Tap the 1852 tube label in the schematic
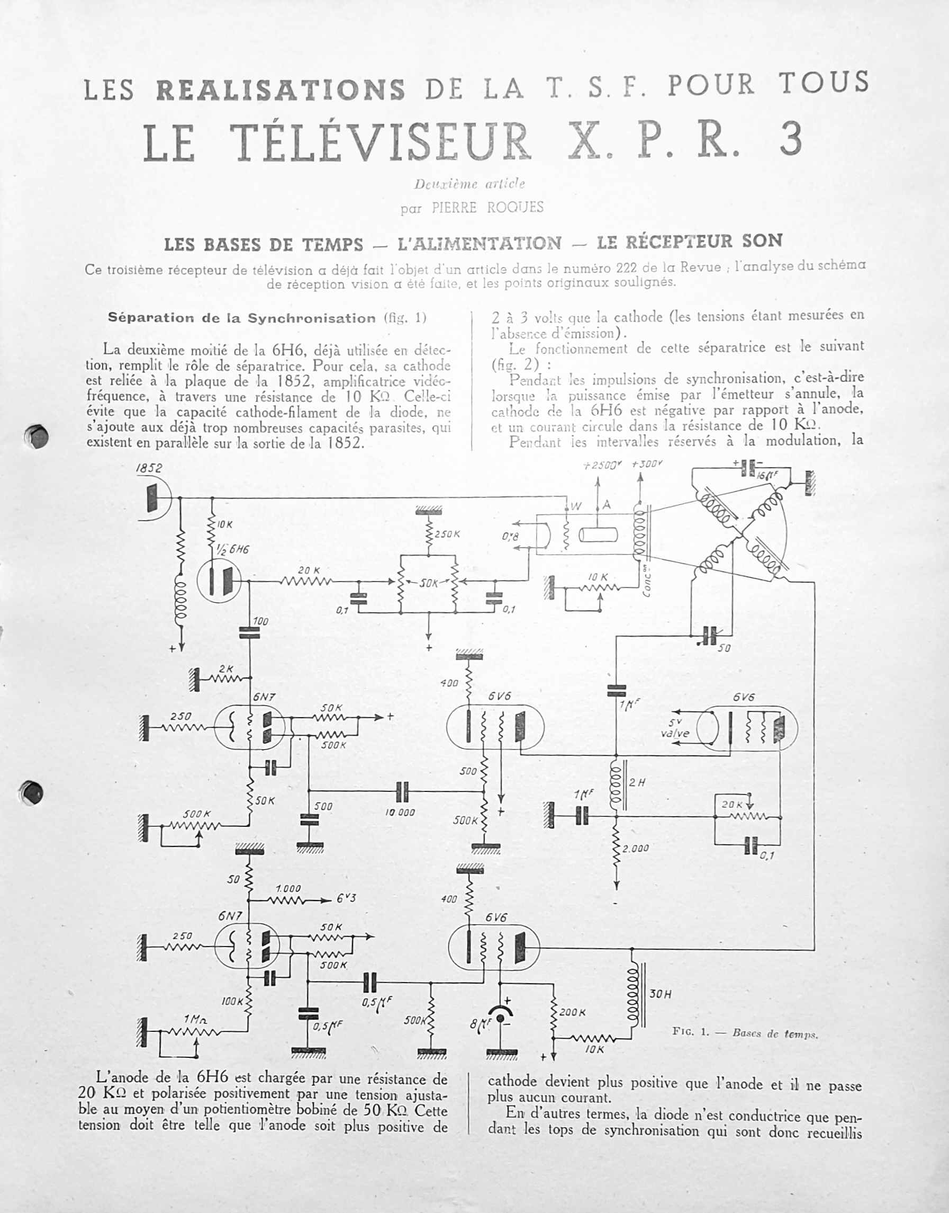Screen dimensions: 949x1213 149,468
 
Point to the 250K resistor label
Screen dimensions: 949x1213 447,534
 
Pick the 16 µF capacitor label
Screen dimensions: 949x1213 767,476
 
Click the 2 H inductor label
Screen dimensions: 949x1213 637,783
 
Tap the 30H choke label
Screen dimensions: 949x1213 660,994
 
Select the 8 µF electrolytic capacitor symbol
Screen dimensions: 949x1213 502,1018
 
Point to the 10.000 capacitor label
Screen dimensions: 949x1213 400,812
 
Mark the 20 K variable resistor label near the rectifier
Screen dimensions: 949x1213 733,805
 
